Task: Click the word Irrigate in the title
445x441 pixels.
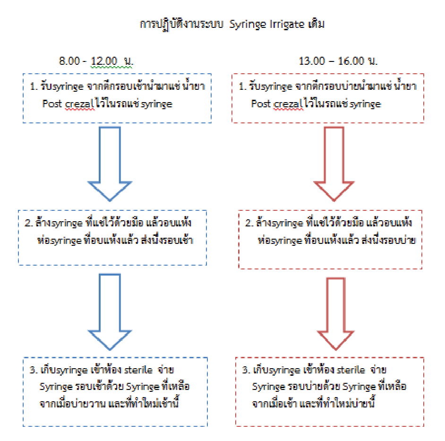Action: coord(287,25)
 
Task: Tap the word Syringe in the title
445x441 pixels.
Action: coord(248,25)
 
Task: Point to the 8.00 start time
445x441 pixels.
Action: coord(69,61)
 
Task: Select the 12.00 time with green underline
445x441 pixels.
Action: coord(104,61)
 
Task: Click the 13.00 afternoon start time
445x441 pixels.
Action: coord(312,61)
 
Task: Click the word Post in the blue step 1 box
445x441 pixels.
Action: coord(52,104)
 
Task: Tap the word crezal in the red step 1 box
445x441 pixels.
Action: coord(288,104)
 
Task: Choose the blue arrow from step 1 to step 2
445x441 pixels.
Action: coord(110,164)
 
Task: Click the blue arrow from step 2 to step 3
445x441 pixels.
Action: coord(110,312)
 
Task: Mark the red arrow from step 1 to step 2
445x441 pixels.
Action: coord(334,164)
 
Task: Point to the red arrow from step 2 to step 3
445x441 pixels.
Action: coord(336,314)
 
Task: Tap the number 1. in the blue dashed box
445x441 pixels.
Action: coord(34,86)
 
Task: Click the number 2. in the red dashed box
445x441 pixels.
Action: coord(249,223)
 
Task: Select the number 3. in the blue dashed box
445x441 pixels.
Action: coord(33,370)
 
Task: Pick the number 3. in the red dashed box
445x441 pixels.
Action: coord(246,370)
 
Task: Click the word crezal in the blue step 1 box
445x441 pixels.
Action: coord(79,104)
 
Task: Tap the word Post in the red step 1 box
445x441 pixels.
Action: coord(261,104)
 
